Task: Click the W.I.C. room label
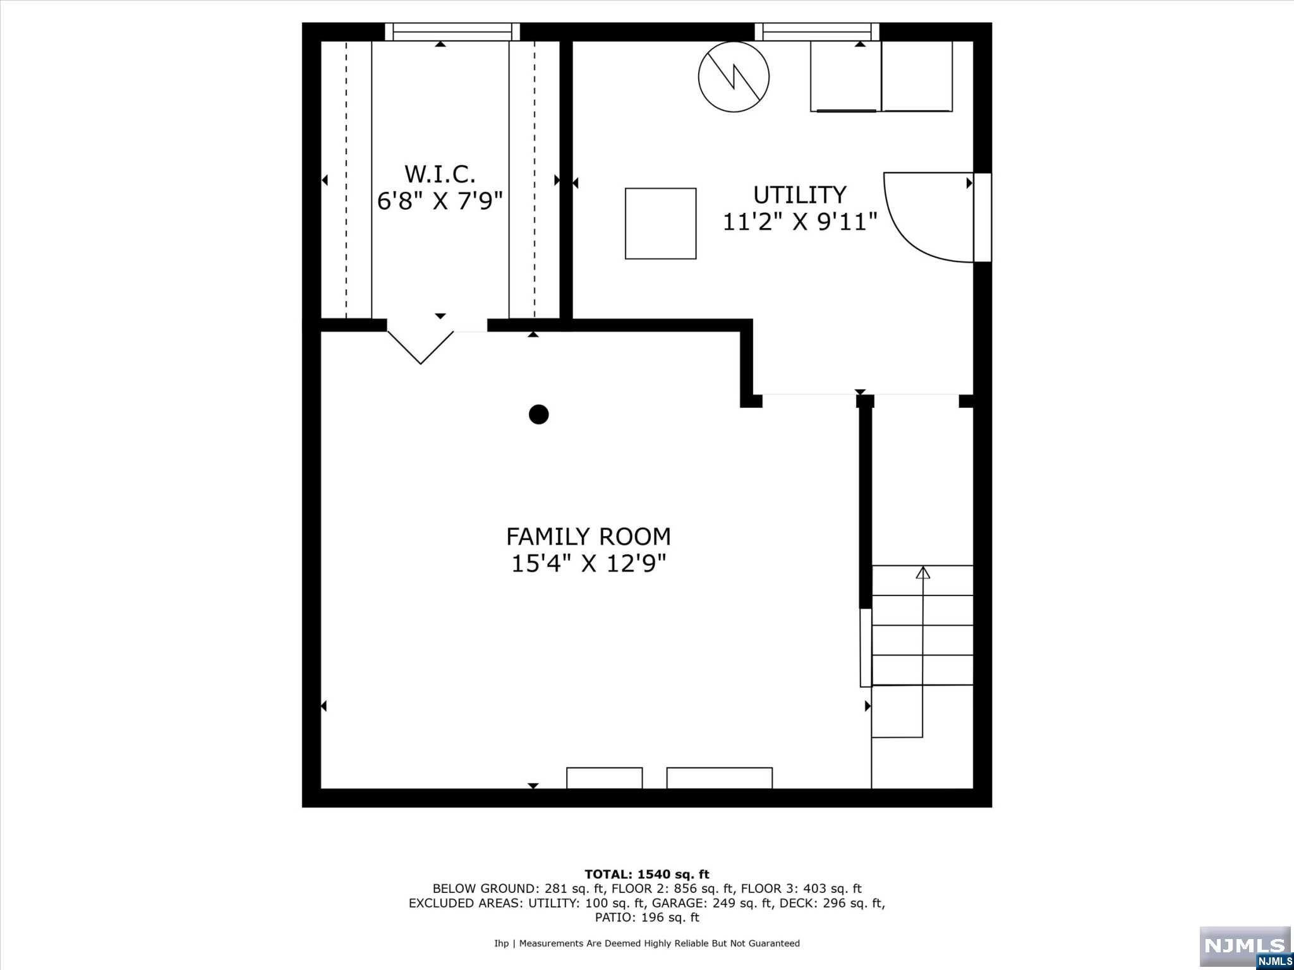(440, 174)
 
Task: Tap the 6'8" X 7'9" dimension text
(440, 201)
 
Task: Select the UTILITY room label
(800, 195)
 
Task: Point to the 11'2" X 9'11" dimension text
(800, 222)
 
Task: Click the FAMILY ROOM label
(588, 537)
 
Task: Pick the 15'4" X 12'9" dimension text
(588, 563)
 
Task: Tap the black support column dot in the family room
(538, 414)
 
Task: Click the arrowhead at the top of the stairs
(923, 572)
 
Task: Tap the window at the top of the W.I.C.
(452, 32)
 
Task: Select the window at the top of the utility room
(817, 32)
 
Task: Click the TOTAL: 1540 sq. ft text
(647, 875)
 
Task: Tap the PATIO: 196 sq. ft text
(647, 918)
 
